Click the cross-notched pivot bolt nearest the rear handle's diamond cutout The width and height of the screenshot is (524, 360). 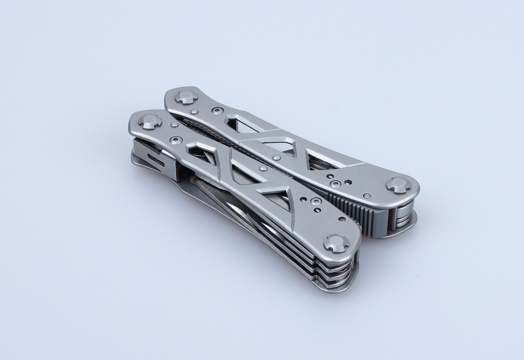click(186, 97)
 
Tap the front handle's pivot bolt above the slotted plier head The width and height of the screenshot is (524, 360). click(150, 122)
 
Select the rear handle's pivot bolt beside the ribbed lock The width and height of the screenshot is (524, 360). click(398, 185)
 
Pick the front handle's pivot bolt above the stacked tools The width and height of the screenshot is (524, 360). click(336, 243)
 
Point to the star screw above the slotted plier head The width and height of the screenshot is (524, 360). click(176, 140)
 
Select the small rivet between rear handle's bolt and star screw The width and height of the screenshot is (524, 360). click(194, 111)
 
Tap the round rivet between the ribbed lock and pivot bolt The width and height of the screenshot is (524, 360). click(367, 196)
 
